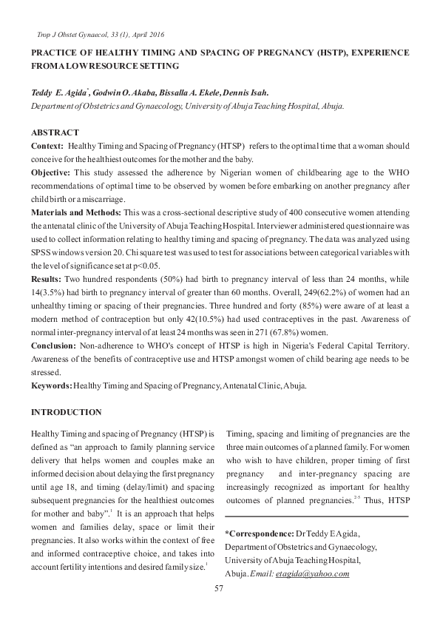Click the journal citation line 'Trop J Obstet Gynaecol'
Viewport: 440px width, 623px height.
100,35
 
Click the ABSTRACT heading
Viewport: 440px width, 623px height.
54,132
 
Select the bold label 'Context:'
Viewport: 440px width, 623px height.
47,147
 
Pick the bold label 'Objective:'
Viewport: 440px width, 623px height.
51,172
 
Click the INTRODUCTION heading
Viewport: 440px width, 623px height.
65,412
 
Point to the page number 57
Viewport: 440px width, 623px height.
219,588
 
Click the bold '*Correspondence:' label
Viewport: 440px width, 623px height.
259,533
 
